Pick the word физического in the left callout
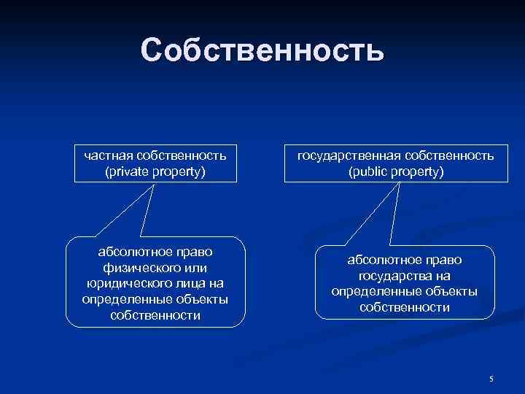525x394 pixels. tap(139, 268)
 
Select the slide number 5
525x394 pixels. tap(491, 379)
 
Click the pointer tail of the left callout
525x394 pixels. tap(136, 212)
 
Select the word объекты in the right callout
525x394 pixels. tap(451, 291)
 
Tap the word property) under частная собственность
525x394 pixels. tap(175, 171)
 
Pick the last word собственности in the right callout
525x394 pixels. tap(404, 307)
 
